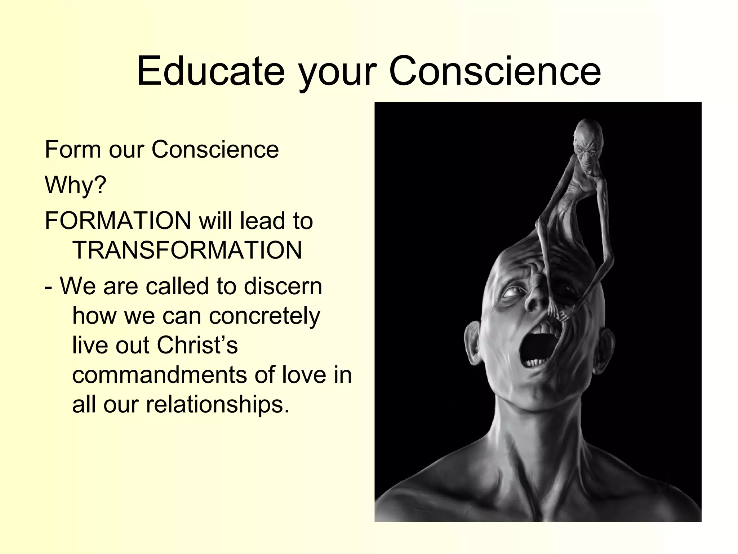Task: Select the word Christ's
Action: (x=197, y=345)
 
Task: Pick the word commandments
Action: (x=159, y=375)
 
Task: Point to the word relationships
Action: (x=217, y=404)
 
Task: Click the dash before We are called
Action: (x=48, y=287)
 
